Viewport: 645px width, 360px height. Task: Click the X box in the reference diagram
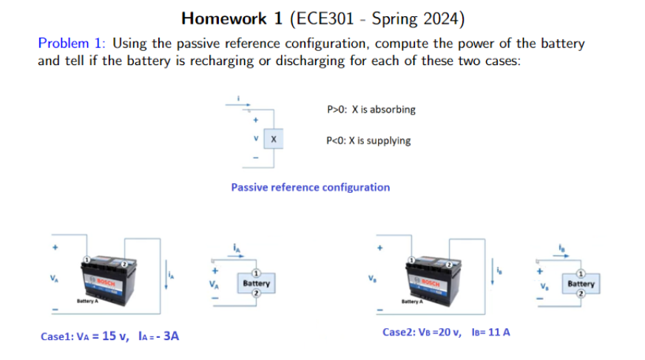click(x=273, y=138)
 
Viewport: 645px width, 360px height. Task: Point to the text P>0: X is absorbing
click(x=371, y=109)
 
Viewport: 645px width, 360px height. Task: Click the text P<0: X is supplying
click(x=368, y=140)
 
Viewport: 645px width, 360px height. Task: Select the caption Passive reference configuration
click(x=310, y=187)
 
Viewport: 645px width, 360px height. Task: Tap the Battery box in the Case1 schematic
click(x=256, y=283)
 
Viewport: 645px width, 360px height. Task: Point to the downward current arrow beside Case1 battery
click(x=167, y=274)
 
